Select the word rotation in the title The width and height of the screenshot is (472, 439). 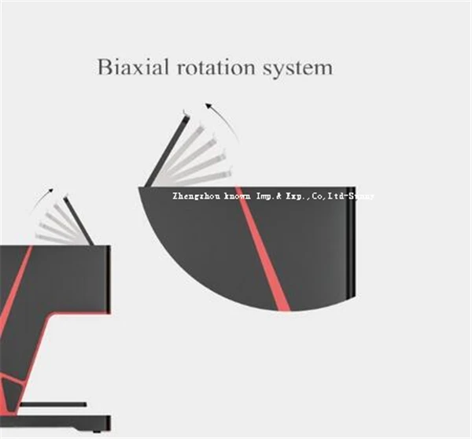[x=212, y=68]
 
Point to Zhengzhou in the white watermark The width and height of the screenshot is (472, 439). [x=197, y=194]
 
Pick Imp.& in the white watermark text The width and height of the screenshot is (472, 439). [x=272, y=194]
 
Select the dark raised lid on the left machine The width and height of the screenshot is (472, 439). [x=79, y=220]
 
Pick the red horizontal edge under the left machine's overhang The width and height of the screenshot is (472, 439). [x=79, y=313]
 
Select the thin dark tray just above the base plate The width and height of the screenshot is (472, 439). [x=51, y=404]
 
